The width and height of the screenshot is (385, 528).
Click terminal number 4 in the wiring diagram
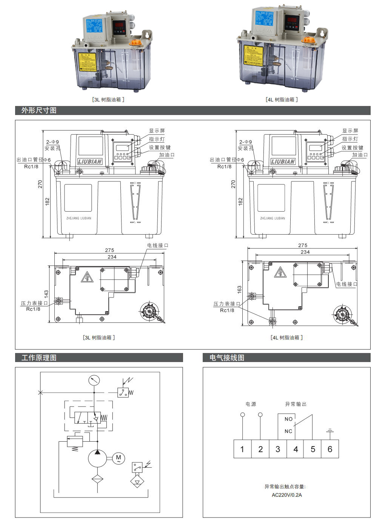pyautogui.click(x=296, y=449)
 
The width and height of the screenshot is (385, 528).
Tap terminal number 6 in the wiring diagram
pyautogui.click(x=330, y=449)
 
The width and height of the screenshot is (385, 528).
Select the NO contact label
pyautogui.click(x=288, y=419)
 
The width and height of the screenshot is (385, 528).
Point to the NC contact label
pyautogui.click(x=288, y=431)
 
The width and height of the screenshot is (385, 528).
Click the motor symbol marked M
pyautogui.click(x=119, y=458)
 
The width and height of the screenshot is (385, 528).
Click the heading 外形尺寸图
pyautogui.click(x=39, y=111)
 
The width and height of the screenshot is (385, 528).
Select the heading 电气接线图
pyautogui.click(x=227, y=358)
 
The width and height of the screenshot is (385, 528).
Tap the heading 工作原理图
pyautogui.click(x=39, y=358)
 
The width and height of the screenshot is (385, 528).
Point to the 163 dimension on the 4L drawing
pyautogui.click(x=239, y=290)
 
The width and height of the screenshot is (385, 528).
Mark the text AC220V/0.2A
pyautogui.click(x=287, y=495)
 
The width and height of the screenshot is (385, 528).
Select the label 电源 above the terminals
pyautogui.click(x=251, y=404)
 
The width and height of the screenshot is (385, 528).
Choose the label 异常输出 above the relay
pyautogui.click(x=296, y=404)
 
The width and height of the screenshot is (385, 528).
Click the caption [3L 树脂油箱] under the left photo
pyautogui.click(x=108, y=100)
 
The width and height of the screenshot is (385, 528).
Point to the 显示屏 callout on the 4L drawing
pyautogui.click(x=350, y=131)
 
